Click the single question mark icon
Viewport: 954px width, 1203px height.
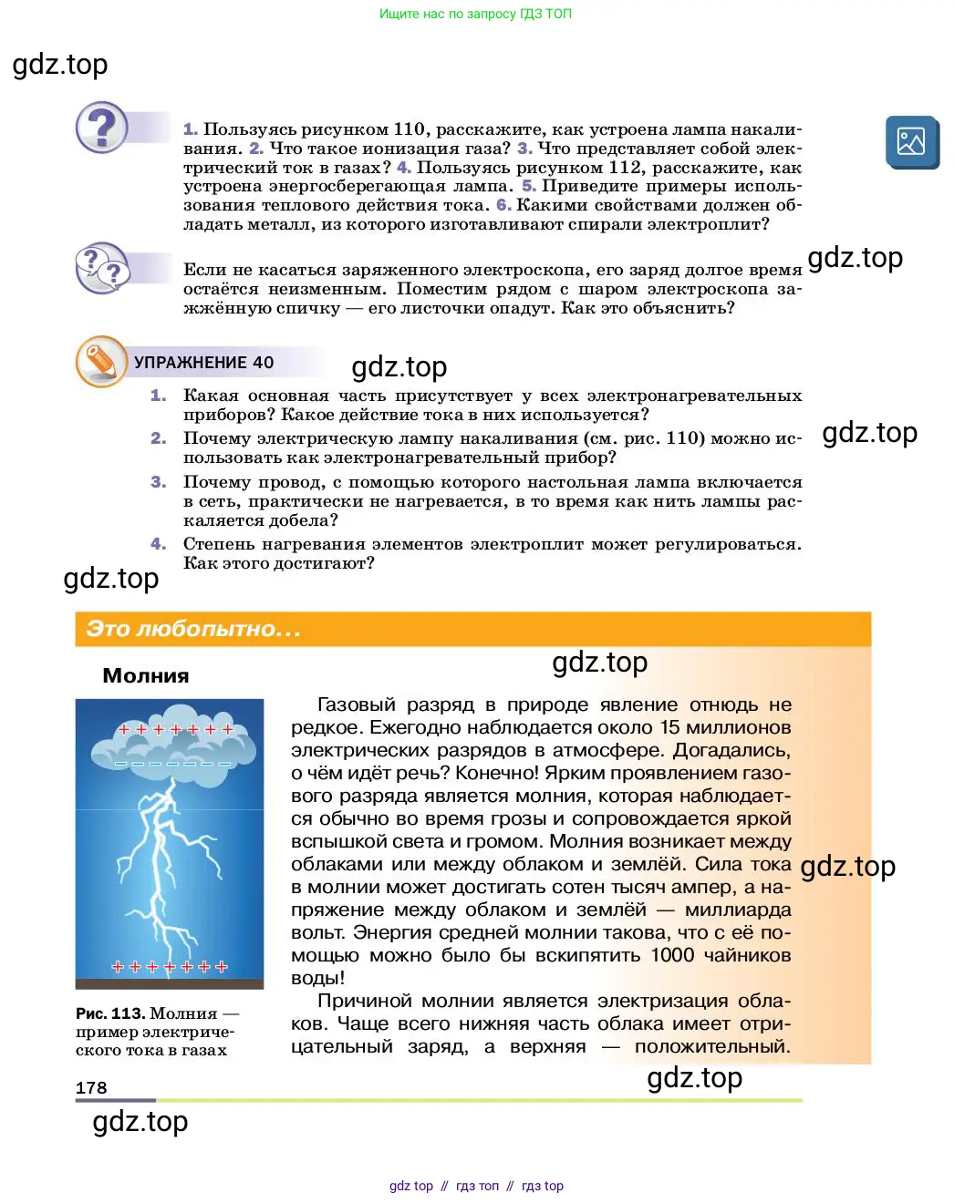(x=102, y=127)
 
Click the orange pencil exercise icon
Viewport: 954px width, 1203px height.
(x=101, y=362)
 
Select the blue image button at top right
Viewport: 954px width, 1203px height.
(x=911, y=142)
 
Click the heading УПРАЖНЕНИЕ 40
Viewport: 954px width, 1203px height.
(x=203, y=363)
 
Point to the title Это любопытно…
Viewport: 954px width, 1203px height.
(x=192, y=629)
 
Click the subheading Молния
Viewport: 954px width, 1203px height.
(x=146, y=676)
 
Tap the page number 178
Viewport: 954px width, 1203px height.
(x=91, y=1087)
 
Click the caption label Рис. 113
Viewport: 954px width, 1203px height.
(x=109, y=1013)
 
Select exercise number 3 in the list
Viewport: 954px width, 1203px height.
(x=158, y=482)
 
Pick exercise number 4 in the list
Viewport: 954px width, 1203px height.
(x=158, y=544)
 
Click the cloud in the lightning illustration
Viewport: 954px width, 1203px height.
(x=172, y=745)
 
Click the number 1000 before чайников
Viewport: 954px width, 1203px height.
(x=672, y=955)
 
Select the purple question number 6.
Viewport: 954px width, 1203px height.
(x=503, y=205)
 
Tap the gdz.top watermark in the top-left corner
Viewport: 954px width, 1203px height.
(x=60, y=65)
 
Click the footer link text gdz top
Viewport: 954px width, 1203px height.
(x=411, y=1186)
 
